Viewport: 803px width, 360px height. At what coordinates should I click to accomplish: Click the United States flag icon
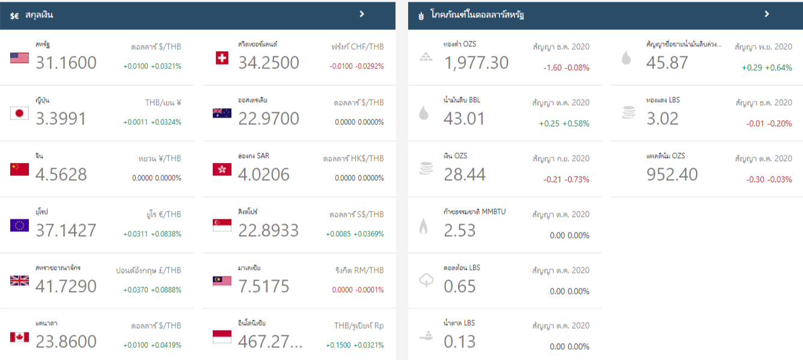(x=19, y=58)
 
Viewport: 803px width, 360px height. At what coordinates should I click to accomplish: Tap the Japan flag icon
(x=19, y=113)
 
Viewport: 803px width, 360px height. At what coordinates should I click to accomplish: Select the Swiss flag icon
(x=222, y=58)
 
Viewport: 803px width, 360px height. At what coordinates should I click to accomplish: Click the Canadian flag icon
(x=19, y=337)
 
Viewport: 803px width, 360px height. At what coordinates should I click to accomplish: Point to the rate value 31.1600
(x=66, y=63)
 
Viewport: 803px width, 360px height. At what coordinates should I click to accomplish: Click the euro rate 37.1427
(x=66, y=230)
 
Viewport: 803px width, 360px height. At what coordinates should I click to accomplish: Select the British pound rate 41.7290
(x=66, y=286)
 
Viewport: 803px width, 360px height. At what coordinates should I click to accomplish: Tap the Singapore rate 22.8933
(x=269, y=230)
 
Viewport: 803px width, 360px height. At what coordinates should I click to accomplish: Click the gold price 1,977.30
(x=476, y=63)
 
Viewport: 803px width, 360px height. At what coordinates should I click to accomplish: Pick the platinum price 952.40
(x=672, y=174)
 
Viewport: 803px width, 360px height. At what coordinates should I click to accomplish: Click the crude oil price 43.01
(x=464, y=118)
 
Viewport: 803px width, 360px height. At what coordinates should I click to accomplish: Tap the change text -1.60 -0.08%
(x=566, y=68)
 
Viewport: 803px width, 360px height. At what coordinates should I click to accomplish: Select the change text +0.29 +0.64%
(x=767, y=68)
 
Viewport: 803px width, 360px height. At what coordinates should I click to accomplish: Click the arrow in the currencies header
(x=362, y=14)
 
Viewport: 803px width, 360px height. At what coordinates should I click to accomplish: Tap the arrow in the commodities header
(x=767, y=14)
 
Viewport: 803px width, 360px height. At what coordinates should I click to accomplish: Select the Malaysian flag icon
(x=222, y=281)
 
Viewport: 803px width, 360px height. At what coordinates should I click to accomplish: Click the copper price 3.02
(x=662, y=118)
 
